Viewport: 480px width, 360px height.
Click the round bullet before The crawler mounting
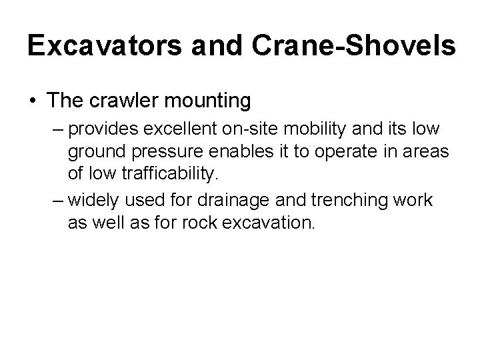point(33,101)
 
